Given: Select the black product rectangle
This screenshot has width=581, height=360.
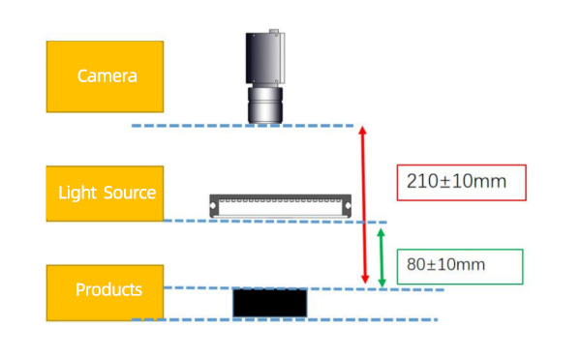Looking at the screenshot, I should click(x=270, y=302).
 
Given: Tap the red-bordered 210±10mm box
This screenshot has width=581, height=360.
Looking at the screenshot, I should click(x=462, y=181).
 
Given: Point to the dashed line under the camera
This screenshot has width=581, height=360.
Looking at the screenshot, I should click(x=242, y=126).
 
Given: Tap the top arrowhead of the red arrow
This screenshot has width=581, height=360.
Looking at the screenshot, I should click(x=363, y=130).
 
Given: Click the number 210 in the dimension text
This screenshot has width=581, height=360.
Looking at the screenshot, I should click(x=423, y=181).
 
